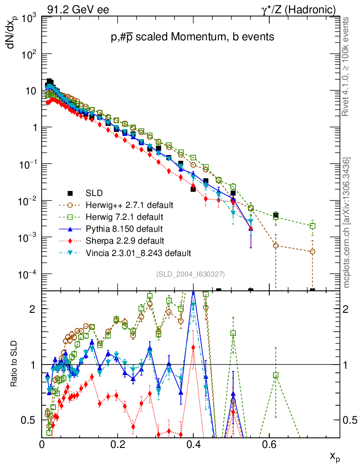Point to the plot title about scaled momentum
(192, 38)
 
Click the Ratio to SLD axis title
(15, 365)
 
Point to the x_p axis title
(335, 456)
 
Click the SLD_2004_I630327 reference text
(190, 274)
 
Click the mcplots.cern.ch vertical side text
(347, 223)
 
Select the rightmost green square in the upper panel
(313, 226)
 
